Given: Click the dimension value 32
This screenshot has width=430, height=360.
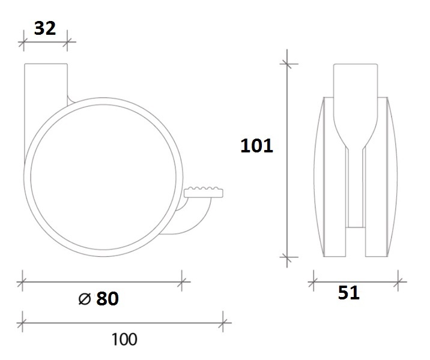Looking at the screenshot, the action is (x=45, y=28).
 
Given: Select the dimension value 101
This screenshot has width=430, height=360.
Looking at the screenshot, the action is (x=256, y=145).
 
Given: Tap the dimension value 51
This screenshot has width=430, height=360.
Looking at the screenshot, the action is (x=348, y=292).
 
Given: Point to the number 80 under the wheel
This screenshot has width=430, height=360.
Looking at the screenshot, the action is (x=107, y=298).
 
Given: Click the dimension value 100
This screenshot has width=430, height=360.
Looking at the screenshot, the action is (x=124, y=339).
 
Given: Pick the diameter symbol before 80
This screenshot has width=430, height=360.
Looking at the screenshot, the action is (x=85, y=298).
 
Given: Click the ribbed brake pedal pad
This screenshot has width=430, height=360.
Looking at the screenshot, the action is (x=204, y=193).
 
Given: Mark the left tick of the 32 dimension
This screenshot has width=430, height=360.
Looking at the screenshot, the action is (x=23, y=42).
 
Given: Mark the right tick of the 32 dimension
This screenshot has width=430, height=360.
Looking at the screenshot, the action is (x=67, y=42).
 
